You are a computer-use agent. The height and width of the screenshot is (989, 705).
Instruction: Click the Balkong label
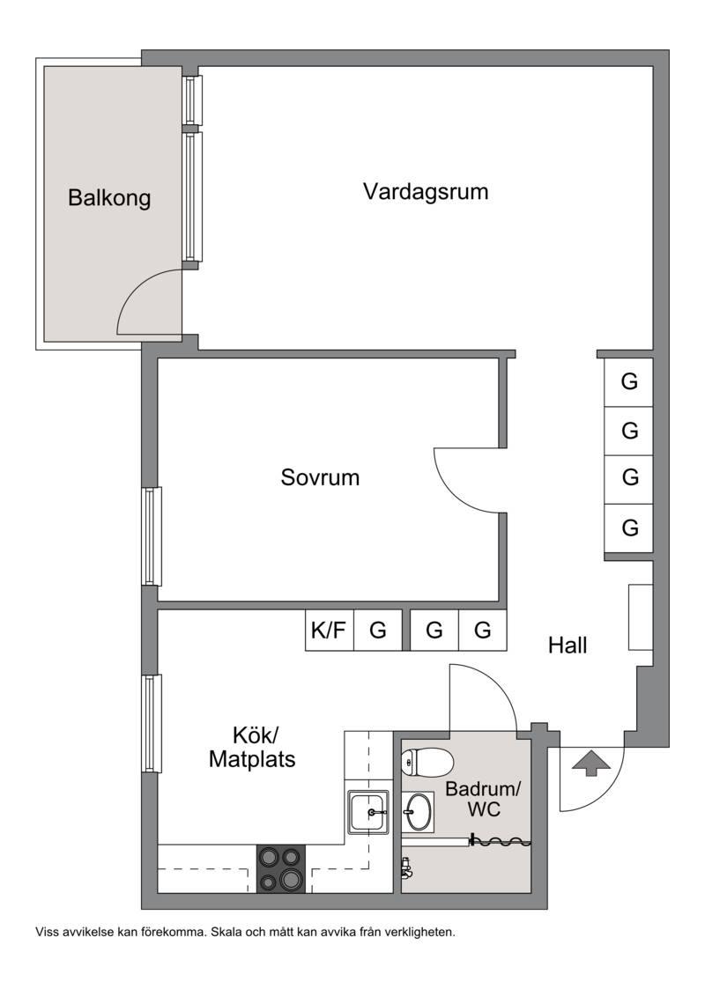tap(109, 198)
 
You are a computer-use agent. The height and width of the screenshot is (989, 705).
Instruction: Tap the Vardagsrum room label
tap(426, 191)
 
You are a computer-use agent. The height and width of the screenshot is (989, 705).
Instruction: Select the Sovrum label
tap(320, 477)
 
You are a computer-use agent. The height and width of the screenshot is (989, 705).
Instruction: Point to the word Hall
tap(568, 646)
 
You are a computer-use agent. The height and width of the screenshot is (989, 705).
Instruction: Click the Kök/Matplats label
tap(252, 748)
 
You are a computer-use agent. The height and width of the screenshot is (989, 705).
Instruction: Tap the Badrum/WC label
tap(483, 799)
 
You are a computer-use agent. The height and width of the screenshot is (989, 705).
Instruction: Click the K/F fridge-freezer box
tap(330, 630)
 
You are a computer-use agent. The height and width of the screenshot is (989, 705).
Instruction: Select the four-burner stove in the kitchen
tap(281, 868)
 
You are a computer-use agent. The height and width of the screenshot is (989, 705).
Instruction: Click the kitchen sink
tap(368, 812)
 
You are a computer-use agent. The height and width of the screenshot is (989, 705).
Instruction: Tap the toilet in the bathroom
tap(427, 761)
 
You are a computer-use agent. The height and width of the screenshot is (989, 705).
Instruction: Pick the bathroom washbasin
tap(418, 810)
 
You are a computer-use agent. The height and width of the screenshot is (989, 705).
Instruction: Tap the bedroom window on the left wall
tap(150, 536)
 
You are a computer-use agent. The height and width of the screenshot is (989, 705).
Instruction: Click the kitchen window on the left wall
tap(150, 723)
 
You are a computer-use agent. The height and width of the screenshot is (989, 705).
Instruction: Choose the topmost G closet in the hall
tap(628, 382)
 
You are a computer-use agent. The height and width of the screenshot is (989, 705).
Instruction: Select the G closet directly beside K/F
tap(377, 630)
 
